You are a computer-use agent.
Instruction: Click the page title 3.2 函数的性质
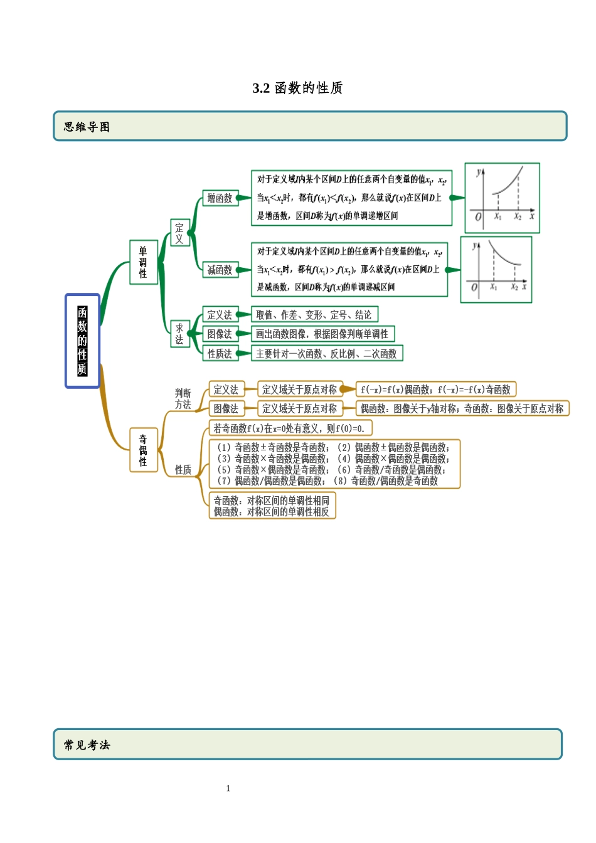(297, 88)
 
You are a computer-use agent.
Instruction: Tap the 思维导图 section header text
(87, 127)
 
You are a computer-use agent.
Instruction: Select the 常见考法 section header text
(87, 745)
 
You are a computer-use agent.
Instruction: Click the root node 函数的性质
(82, 341)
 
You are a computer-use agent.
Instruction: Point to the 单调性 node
(143, 262)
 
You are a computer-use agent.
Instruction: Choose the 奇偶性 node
(143, 450)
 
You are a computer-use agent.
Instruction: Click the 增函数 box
(220, 198)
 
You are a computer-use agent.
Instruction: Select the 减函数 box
(220, 270)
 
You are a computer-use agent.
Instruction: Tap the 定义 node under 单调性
(179, 233)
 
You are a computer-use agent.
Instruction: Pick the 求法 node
(179, 334)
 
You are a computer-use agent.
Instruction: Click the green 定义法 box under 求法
(220, 315)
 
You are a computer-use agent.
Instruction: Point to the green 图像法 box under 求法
(220, 334)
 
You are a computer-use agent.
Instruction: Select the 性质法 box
(220, 354)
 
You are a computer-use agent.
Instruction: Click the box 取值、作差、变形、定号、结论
(314, 315)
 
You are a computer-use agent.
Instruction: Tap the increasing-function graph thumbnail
(502, 198)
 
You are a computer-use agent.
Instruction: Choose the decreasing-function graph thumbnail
(496, 270)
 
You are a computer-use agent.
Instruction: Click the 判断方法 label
(183, 399)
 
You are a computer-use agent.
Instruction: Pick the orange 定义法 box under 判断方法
(226, 390)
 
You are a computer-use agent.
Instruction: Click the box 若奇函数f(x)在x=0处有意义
(290, 428)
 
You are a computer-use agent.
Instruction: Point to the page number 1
(228, 788)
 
